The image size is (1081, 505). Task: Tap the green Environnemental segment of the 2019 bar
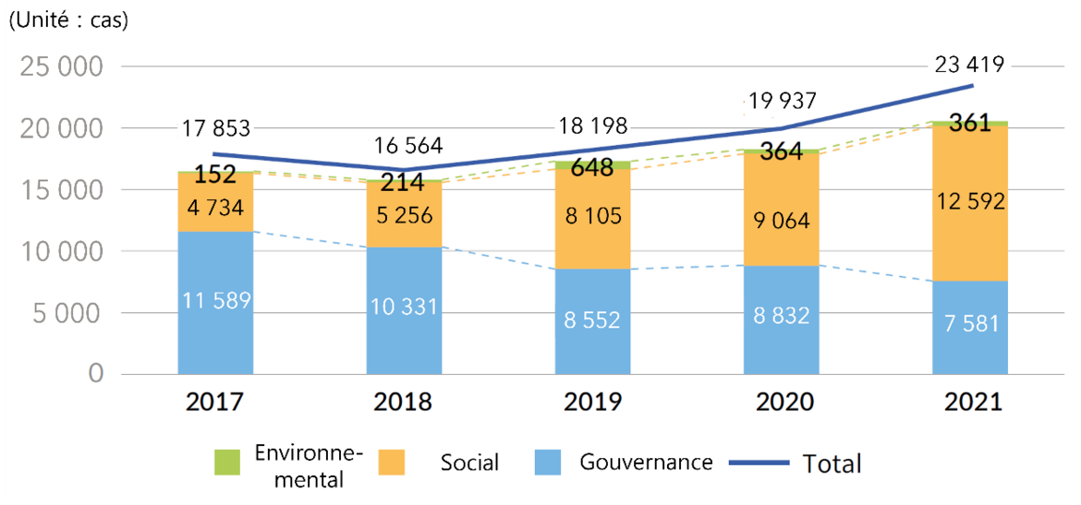pyautogui.click(x=592, y=165)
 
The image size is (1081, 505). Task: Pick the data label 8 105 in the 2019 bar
pyautogui.click(x=592, y=216)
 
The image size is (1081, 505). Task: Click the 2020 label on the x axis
pyautogui.click(x=781, y=403)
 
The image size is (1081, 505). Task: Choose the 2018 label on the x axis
pyautogui.click(x=404, y=403)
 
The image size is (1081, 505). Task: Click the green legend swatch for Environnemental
pyautogui.click(x=226, y=463)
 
